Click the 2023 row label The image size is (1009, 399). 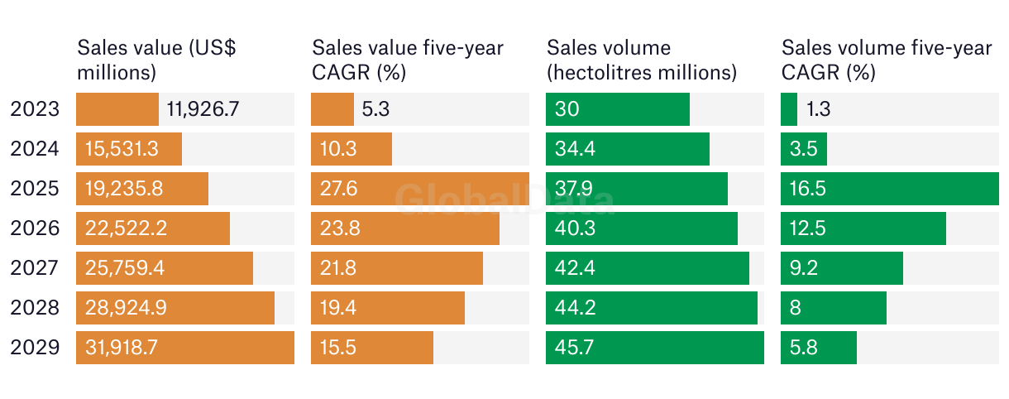[35, 109]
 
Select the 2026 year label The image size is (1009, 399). [35, 228]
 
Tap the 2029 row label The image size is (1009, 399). [35, 348]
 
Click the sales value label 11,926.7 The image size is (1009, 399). [203, 109]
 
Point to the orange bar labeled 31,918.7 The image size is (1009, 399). [185, 348]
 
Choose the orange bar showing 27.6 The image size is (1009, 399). [420, 189]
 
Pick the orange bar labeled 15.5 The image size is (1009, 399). [372, 348]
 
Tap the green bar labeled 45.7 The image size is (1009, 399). [655, 348]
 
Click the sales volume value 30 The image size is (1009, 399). [567, 109]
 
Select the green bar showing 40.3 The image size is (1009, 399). [642, 228]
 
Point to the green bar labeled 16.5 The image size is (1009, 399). [890, 189]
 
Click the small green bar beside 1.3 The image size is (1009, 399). [789, 109]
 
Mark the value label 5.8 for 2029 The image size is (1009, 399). [803, 348]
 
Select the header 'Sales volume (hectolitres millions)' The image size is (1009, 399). [642, 60]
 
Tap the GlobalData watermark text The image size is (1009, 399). [504, 199]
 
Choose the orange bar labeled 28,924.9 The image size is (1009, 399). [175, 308]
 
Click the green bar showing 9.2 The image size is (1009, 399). [842, 268]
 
